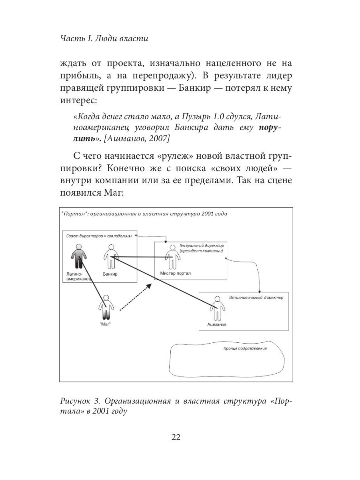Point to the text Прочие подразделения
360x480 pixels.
[245, 348]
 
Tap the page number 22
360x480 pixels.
[176, 437]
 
